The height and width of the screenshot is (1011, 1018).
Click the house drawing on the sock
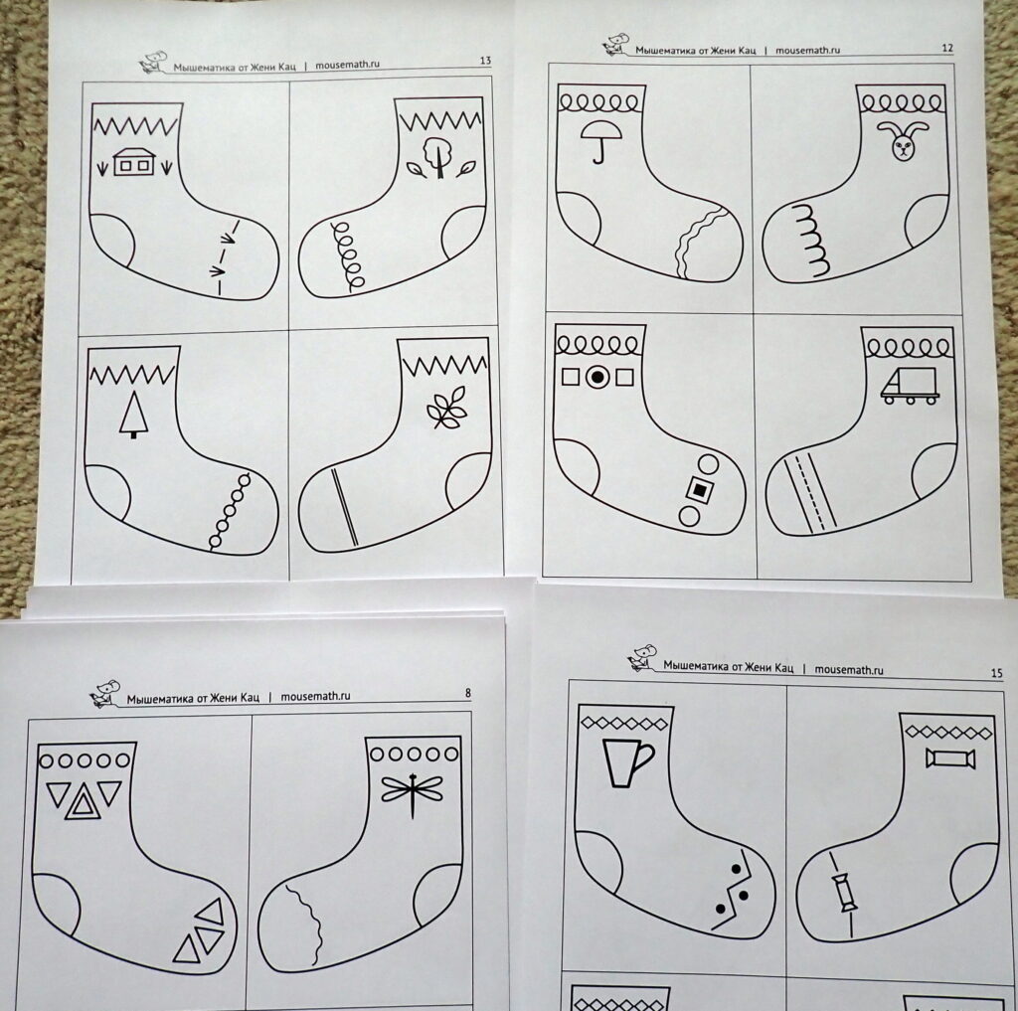[134, 162]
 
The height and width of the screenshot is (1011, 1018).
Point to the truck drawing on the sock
[910, 386]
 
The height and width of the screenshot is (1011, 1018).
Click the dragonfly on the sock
[413, 791]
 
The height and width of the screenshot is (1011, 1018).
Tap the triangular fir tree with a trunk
[134, 415]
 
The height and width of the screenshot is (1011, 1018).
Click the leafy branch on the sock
[446, 408]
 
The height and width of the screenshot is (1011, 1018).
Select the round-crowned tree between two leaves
[439, 158]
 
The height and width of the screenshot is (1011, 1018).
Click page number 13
[485, 61]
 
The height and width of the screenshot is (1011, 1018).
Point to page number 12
[946, 48]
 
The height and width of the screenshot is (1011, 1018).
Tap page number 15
[996, 673]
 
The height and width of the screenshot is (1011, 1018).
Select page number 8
[467, 693]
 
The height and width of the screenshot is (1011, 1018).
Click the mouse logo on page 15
[642, 657]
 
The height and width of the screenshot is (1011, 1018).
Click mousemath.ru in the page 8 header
[315, 696]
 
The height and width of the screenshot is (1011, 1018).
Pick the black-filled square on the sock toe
[699, 490]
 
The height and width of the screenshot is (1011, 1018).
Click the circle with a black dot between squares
[597, 377]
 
